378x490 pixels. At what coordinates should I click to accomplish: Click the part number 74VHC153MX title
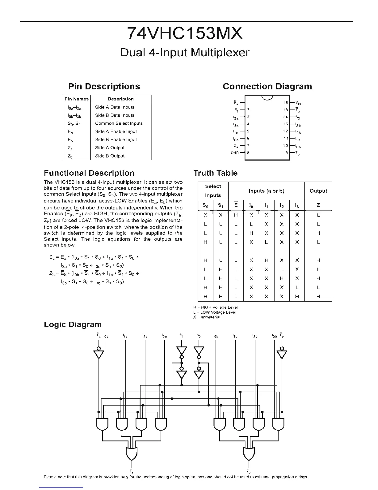click(185, 33)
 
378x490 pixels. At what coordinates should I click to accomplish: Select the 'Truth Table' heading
click(215, 173)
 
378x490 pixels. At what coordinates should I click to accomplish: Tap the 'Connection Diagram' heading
click(267, 87)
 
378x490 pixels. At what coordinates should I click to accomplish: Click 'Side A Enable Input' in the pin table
click(116, 131)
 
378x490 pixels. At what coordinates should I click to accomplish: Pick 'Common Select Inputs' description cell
click(119, 123)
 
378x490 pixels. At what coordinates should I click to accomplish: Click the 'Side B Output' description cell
click(110, 156)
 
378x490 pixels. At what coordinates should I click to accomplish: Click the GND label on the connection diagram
click(235, 153)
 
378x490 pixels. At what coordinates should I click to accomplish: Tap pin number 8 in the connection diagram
click(248, 153)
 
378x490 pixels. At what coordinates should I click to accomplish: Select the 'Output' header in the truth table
click(318, 191)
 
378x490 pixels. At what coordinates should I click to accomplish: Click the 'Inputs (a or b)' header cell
click(266, 191)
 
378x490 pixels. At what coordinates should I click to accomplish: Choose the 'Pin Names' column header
click(77, 99)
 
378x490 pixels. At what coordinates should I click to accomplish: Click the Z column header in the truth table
click(318, 205)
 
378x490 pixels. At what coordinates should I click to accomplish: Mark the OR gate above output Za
click(132, 453)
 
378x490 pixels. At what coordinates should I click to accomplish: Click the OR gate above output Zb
click(249, 453)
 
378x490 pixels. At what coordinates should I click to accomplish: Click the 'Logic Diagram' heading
click(73, 325)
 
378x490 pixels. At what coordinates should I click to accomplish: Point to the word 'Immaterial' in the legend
click(210, 317)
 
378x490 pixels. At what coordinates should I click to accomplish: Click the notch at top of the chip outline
click(267, 98)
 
